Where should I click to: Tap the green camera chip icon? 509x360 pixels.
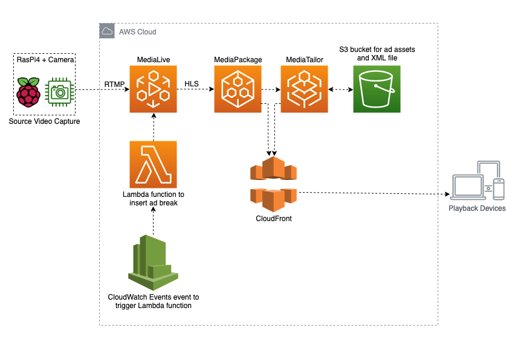click(x=60, y=91)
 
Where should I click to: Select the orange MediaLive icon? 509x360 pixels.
click(x=153, y=89)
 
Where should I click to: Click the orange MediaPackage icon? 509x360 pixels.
click(x=238, y=89)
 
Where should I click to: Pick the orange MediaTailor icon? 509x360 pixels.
click(x=304, y=89)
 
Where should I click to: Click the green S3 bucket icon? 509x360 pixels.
click(x=377, y=89)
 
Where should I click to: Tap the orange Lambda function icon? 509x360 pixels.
click(x=153, y=164)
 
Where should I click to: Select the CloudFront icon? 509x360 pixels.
click(x=274, y=184)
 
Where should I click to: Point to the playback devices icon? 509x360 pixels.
click(x=477, y=181)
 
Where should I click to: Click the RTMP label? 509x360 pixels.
click(x=114, y=83)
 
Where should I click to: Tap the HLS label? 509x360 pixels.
click(x=192, y=83)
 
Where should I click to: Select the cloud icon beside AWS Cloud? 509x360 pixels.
click(x=107, y=31)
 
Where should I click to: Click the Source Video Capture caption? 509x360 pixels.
click(x=45, y=122)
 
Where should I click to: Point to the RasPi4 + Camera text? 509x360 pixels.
click(x=45, y=60)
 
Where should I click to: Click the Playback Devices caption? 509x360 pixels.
click(x=477, y=208)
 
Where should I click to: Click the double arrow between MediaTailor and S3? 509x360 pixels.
click(x=340, y=89)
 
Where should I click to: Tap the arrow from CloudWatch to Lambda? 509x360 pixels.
click(x=153, y=220)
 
